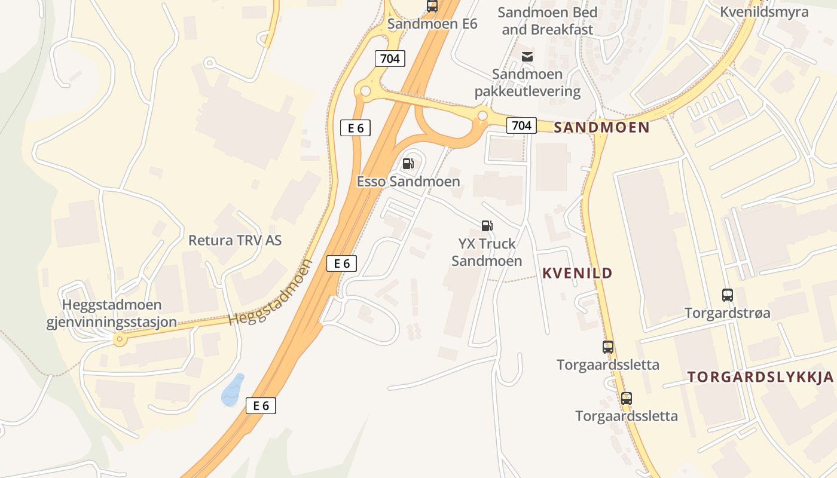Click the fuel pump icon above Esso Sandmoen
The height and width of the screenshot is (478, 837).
tap(408, 163)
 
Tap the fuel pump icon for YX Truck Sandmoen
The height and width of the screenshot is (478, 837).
tap(487, 225)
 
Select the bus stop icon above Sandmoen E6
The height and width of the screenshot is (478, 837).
tap(432, 7)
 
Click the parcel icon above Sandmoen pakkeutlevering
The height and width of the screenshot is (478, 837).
tap(527, 57)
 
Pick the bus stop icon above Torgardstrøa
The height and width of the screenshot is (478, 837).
tap(727, 295)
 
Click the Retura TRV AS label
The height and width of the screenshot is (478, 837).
tap(235, 240)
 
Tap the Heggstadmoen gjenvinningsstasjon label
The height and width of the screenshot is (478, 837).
tap(112, 314)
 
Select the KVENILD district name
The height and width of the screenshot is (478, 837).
tap(577, 273)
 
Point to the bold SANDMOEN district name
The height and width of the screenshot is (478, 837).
tap(601, 127)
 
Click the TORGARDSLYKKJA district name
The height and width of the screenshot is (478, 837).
tap(760, 377)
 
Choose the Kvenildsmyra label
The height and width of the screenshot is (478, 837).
tap(764, 12)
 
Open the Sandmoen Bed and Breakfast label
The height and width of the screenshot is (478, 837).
tap(547, 21)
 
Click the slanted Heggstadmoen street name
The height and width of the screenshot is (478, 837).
tap(271, 293)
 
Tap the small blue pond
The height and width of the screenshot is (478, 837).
tap(233, 390)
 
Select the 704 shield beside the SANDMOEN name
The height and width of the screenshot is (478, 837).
tap(521, 125)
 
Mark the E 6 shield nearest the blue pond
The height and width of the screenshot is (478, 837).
tap(261, 406)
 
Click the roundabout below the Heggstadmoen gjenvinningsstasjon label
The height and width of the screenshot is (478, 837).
tap(120, 340)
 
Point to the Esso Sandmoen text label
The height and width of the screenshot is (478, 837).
tap(408, 182)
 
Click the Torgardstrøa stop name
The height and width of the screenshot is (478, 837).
tap(727, 312)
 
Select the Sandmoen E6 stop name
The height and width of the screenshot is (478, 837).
tap(432, 24)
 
